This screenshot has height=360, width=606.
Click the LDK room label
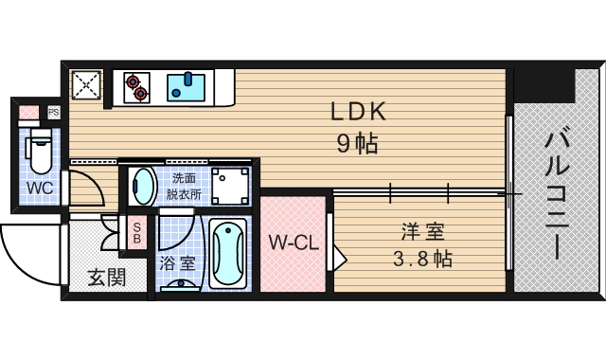point(358,112)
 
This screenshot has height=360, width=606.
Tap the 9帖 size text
point(358,144)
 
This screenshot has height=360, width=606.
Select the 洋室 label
point(423,231)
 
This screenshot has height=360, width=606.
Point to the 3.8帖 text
point(423,259)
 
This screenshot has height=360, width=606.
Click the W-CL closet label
point(294,243)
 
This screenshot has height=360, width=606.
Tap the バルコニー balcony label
point(557,195)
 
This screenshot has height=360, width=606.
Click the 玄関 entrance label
point(107,277)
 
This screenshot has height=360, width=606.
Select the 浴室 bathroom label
point(177,263)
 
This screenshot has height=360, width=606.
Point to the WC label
point(40,189)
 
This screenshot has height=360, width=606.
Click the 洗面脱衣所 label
point(184,186)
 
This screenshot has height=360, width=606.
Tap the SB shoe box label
point(137,232)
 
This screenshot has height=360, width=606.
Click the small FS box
point(54,113)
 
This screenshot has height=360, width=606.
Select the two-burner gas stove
point(136,87)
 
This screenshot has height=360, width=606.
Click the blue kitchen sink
point(186,87)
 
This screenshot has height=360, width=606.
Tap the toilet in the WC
point(40,151)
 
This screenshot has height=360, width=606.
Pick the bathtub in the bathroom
point(228,254)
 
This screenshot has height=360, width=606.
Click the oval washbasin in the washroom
point(143,187)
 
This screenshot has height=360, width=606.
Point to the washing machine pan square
point(230,186)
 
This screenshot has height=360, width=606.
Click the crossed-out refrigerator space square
point(86,84)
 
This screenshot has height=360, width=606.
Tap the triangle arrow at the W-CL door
point(339,259)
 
